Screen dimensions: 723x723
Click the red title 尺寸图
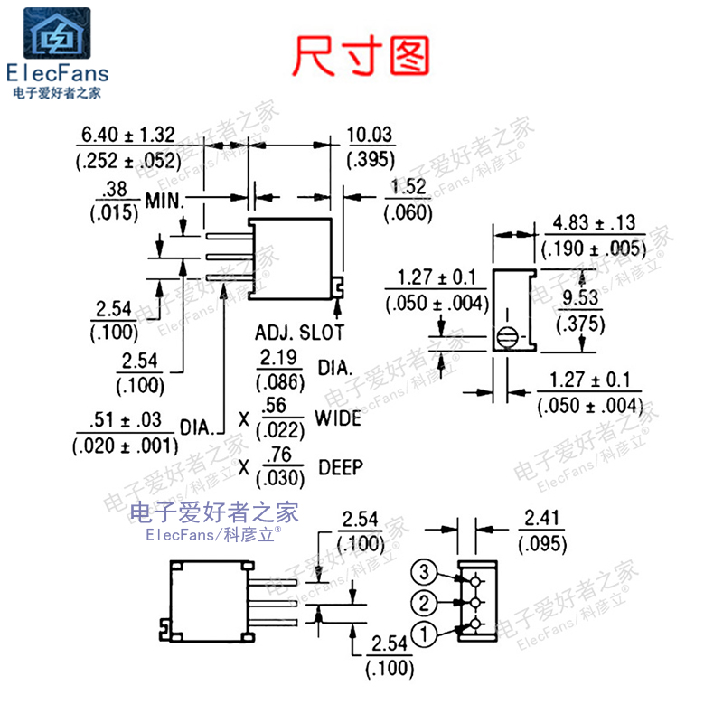(x=361, y=56)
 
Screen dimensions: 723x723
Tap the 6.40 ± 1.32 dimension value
(x=127, y=136)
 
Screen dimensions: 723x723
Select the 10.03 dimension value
(x=370, y=136)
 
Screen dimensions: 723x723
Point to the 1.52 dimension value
(x=408, y=188)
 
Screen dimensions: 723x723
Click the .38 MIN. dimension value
(x=114, y=190)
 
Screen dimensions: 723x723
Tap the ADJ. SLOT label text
(x=299, y=332)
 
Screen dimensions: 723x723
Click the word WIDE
(x=338, y=418)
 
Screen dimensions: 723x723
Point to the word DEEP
(x=341, y=467)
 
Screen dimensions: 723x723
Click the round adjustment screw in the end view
(x=506, y=338)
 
